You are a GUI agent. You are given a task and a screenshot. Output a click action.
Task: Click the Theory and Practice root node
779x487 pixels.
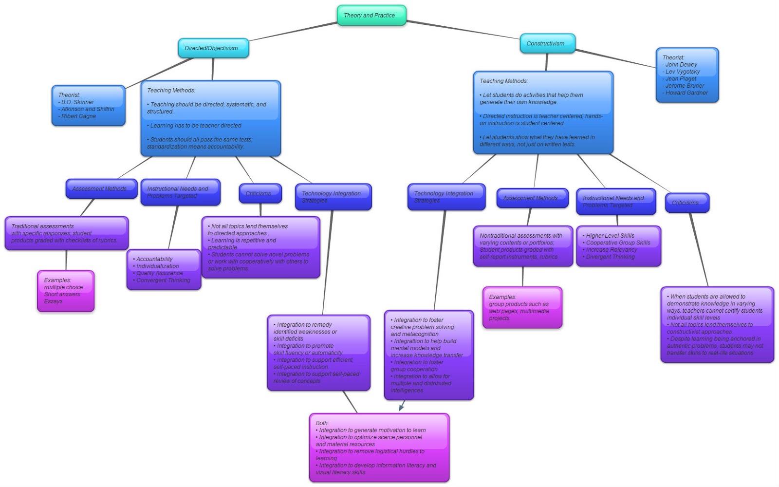pyautogui.click(x=371, y=15)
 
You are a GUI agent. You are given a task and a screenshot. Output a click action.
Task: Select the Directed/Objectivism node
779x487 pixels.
pyautogui.click(x=213, y=48)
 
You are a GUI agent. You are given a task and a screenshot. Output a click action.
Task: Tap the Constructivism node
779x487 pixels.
pyautogui.click(x=547, y=43)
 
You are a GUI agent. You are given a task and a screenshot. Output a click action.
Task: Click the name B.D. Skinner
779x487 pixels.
pyautogui.click(x=77, y=102)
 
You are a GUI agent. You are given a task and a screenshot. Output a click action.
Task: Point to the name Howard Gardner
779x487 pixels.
pyautogui.click(x=686, y=93)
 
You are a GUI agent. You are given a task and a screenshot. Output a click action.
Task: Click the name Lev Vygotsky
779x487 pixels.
pyautogui.click(x=682, y=72)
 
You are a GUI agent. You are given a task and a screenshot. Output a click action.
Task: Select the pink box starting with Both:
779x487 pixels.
pyautogui.click(x=379, y=448)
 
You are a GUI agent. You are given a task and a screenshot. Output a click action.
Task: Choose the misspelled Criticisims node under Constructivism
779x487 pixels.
pyautogui.click(x=686, y=203)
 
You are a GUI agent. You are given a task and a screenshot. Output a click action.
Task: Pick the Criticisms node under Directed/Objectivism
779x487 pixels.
pyautogui.click(x=260, y=193)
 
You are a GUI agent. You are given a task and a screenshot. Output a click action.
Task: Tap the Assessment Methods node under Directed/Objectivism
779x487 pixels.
pyautogui.click(x=101, y=188)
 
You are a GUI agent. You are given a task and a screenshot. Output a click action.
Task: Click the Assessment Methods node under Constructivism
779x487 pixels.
pyautogui.click(x=532, y=198)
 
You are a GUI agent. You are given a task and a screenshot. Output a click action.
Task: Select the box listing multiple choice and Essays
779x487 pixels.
pyautogui.click(x=65, y=291)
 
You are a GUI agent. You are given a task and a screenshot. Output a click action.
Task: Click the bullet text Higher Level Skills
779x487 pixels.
pyautogui.click(x=610, y=236)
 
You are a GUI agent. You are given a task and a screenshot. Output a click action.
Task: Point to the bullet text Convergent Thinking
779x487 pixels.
pyautogui.click(x=163, y=281)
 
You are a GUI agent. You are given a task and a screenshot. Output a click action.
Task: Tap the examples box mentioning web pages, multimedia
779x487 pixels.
pyautogui.click(x=522, y=307)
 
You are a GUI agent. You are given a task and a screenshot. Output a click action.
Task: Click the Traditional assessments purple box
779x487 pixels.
pyautogui.click(x=66, y=233)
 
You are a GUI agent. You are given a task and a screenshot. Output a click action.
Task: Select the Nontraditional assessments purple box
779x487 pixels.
pyautogui.click(x=522, y=246)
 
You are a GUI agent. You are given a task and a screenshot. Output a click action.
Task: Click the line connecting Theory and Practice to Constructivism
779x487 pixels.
pyautogui.click(x=463, y=29)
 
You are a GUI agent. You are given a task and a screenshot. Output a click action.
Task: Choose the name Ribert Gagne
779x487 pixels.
pyautogui.click(x=78, y=116)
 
